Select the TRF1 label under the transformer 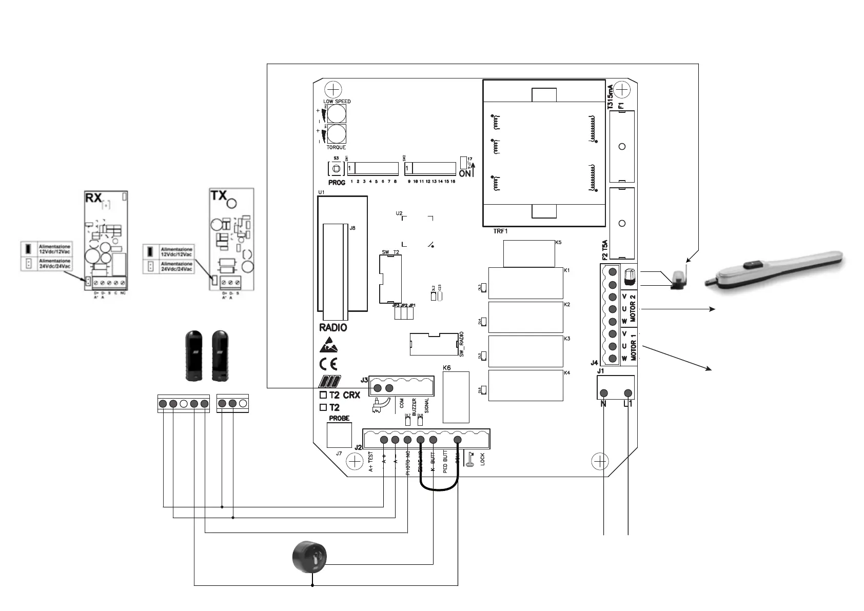coord(500,231)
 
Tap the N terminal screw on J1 coord(604,393)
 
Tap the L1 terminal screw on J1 coord(627,393)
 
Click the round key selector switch coord(309,557)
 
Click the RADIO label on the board coord(333,328)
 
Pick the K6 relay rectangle coord(456,397)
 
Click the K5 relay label coord(558,242)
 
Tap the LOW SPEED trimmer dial coord(336,114)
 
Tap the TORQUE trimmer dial coord(336,134)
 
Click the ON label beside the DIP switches coord(465,174)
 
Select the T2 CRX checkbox coord(323,395)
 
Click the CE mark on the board coord(328,364)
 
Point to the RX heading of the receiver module coord(93,198)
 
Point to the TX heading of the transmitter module coord(219,195)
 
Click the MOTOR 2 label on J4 coord(633,308)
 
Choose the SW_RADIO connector coord(434,344)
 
